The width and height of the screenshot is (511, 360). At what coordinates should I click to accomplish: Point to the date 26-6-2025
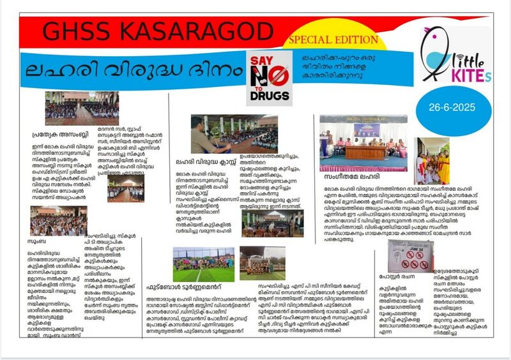tap(445, 108)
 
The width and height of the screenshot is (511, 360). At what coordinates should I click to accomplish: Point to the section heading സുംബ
tap(38, 243)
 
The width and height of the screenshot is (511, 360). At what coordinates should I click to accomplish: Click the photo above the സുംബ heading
tap(58, 221)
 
